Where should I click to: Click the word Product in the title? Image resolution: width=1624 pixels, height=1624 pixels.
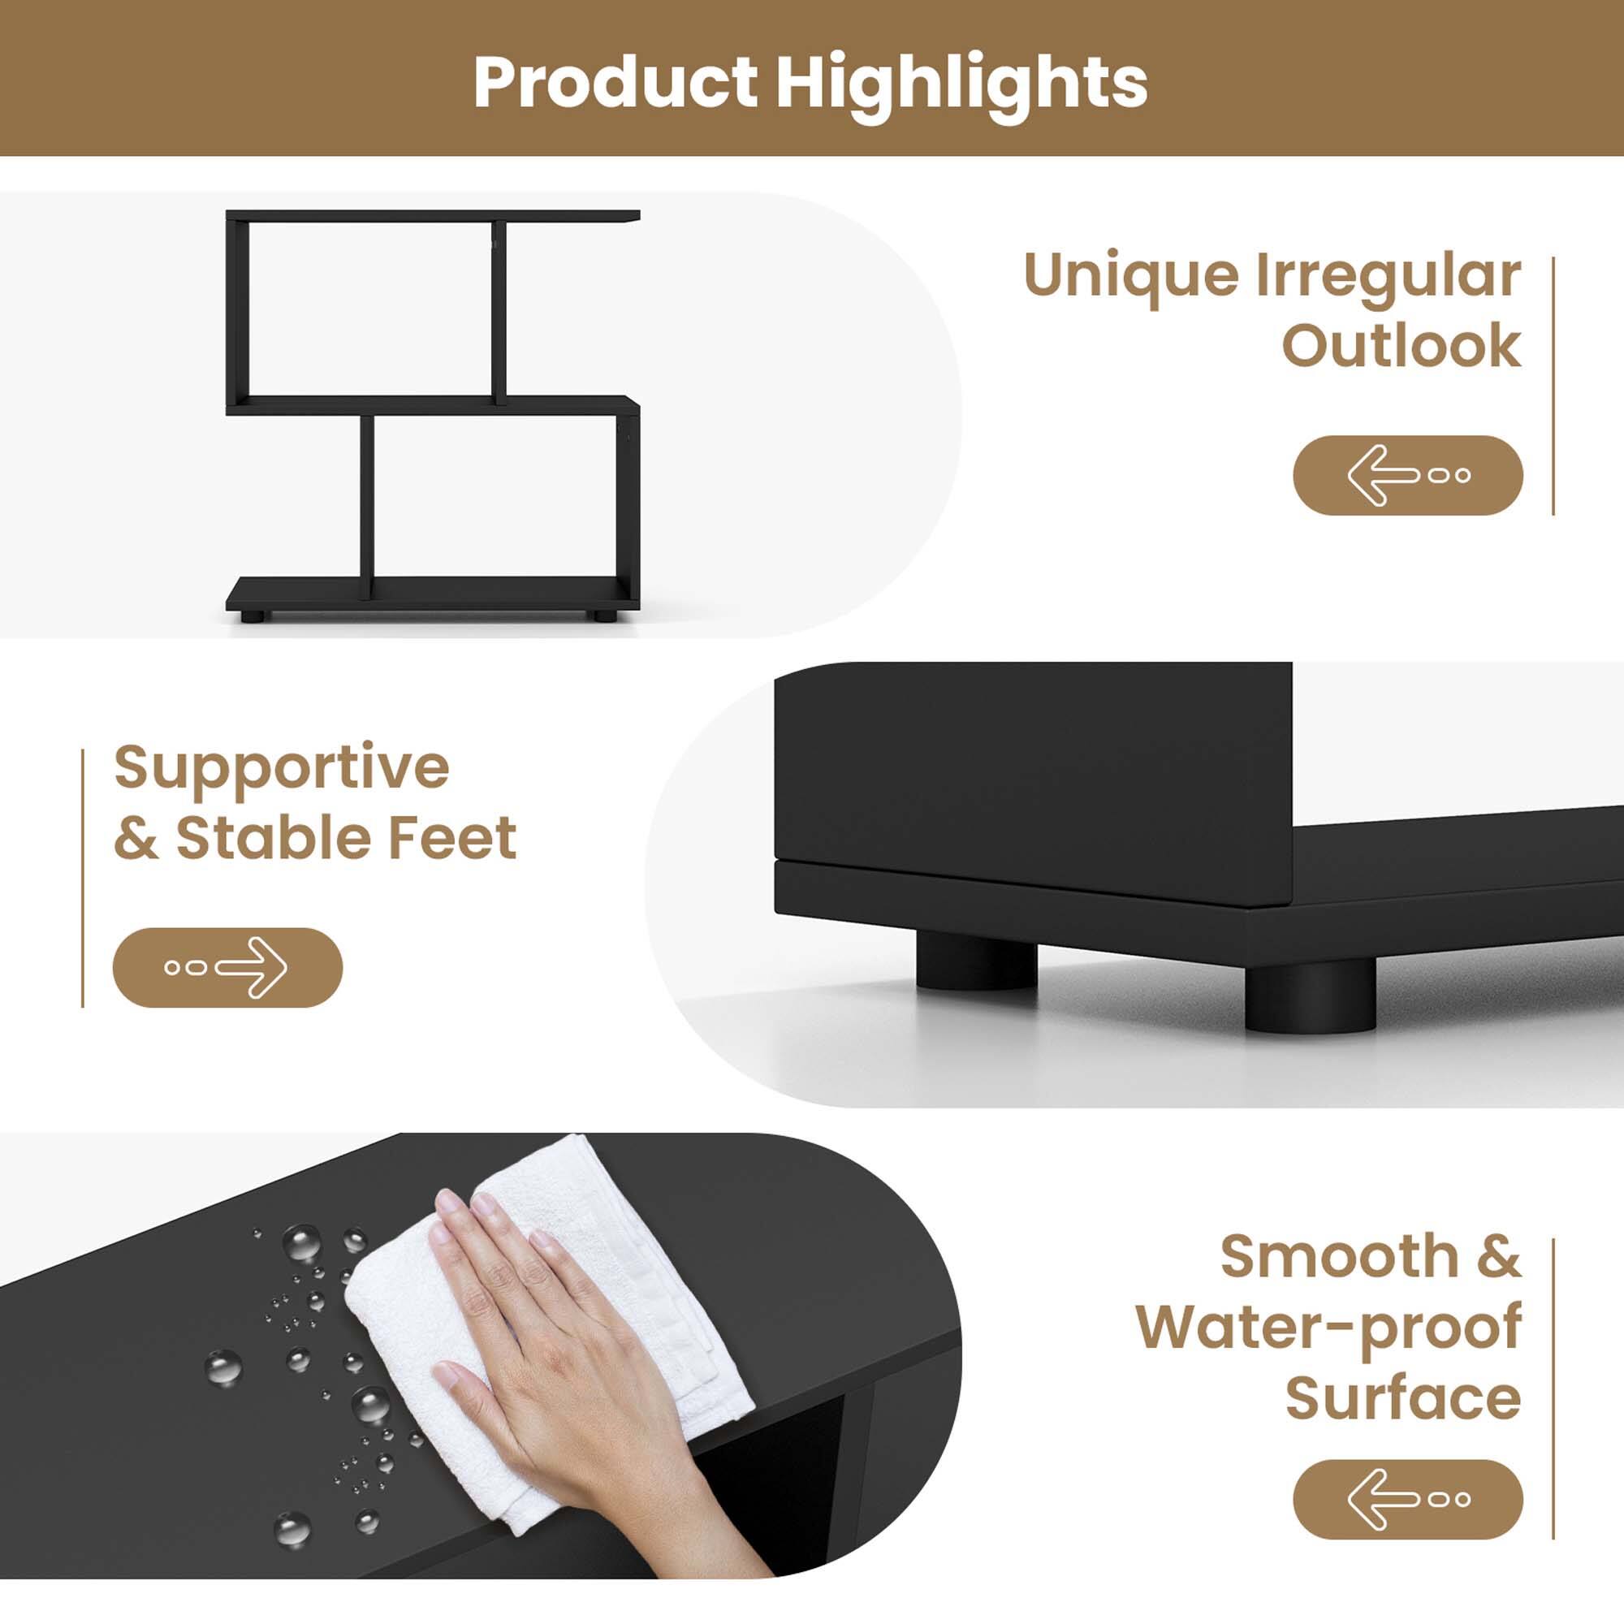point(615,82)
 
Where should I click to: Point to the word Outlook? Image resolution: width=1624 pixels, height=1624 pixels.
point(1402,345)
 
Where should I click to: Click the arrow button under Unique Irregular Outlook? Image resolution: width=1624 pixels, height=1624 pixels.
point(1407,475)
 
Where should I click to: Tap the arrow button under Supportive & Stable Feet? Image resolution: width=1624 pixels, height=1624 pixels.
point(227,968)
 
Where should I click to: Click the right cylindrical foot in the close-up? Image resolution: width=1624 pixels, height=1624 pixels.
point(1310,997)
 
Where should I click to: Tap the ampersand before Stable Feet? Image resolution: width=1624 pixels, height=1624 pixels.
point(136,838)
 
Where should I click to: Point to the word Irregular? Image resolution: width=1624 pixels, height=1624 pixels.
point(1388,276)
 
